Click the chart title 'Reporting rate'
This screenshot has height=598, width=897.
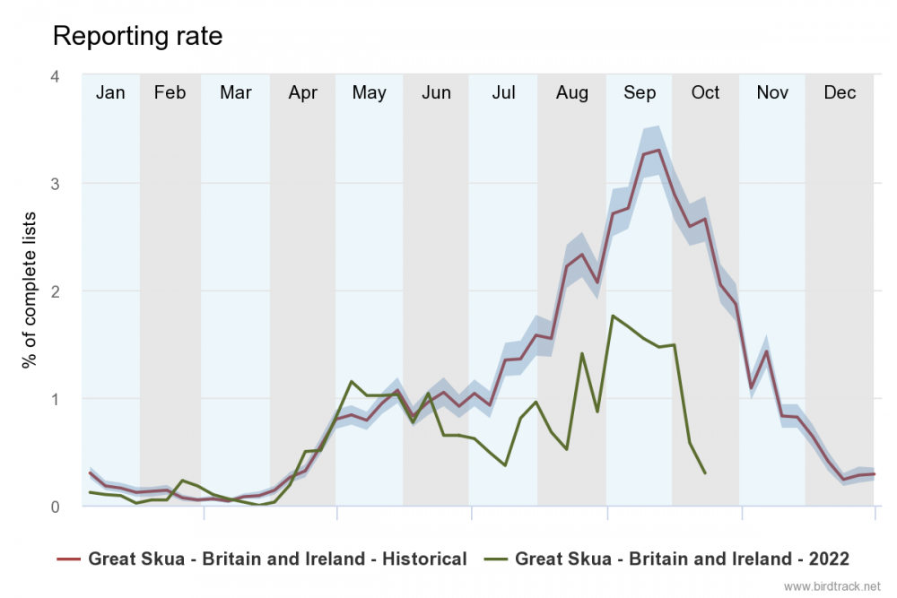click(137, 36)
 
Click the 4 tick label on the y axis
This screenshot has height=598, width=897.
click(55, 76)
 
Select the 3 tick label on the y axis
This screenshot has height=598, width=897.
click(55, 184)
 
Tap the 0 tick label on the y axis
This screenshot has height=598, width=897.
click(55, 507)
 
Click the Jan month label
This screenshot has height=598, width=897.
click(110, 93)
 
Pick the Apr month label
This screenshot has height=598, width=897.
click(303, 93)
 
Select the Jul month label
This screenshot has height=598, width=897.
click(504, 93)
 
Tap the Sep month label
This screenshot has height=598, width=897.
click(640, 93)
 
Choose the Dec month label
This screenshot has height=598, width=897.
click(840, 93)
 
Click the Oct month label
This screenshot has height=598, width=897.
click(705, 93)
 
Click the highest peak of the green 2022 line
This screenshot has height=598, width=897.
click(612, 316)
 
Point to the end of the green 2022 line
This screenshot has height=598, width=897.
click(705, 472)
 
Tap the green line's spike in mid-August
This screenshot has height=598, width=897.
click(581, 353)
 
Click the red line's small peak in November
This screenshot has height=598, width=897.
click(766, 351)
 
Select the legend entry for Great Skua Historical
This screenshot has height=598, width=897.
click(262, 559)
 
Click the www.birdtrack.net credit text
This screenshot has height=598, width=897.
click(832, 586)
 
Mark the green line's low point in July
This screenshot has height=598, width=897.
click(506, 465)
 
